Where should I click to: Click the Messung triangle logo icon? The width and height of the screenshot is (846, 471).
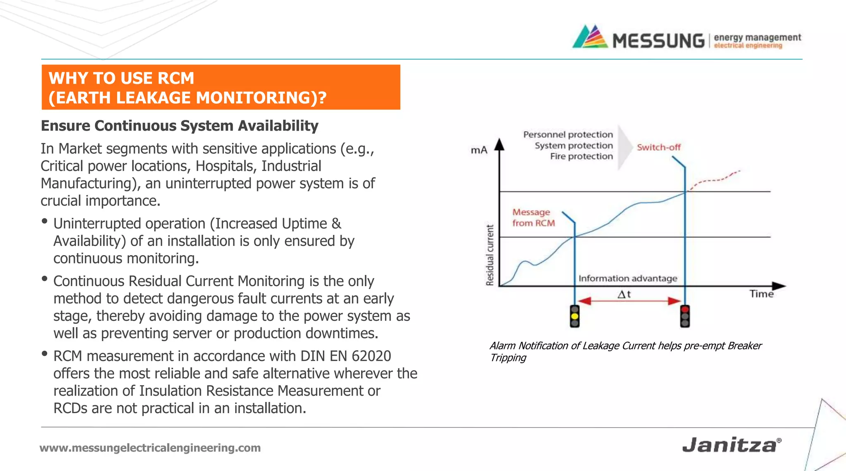click(590, 37)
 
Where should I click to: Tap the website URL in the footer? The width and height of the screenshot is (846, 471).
click(150, 448)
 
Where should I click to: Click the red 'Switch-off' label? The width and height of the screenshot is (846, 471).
click(658, 147)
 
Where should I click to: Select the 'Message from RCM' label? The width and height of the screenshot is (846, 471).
click(533, 218)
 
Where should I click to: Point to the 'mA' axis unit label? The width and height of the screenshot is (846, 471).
click(479, 150)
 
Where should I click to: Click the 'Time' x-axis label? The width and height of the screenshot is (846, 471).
click(761, 294)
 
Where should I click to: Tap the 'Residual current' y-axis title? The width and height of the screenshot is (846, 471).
click(490, 255)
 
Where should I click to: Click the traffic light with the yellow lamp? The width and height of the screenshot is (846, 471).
click(575, 316)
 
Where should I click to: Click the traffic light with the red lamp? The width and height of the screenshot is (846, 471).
click(685, 316)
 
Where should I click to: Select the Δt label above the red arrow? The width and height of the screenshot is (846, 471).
click(624, 294)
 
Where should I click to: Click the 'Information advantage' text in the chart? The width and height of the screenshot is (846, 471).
click(627, 278)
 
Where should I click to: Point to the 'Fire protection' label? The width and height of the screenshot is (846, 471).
click(581, 156)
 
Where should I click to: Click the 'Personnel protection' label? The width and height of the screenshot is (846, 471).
click(568, 134)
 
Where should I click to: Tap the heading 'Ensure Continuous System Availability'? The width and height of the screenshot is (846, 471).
click(179, 126)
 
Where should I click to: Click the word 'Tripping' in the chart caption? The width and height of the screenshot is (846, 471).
click(508, 358)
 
